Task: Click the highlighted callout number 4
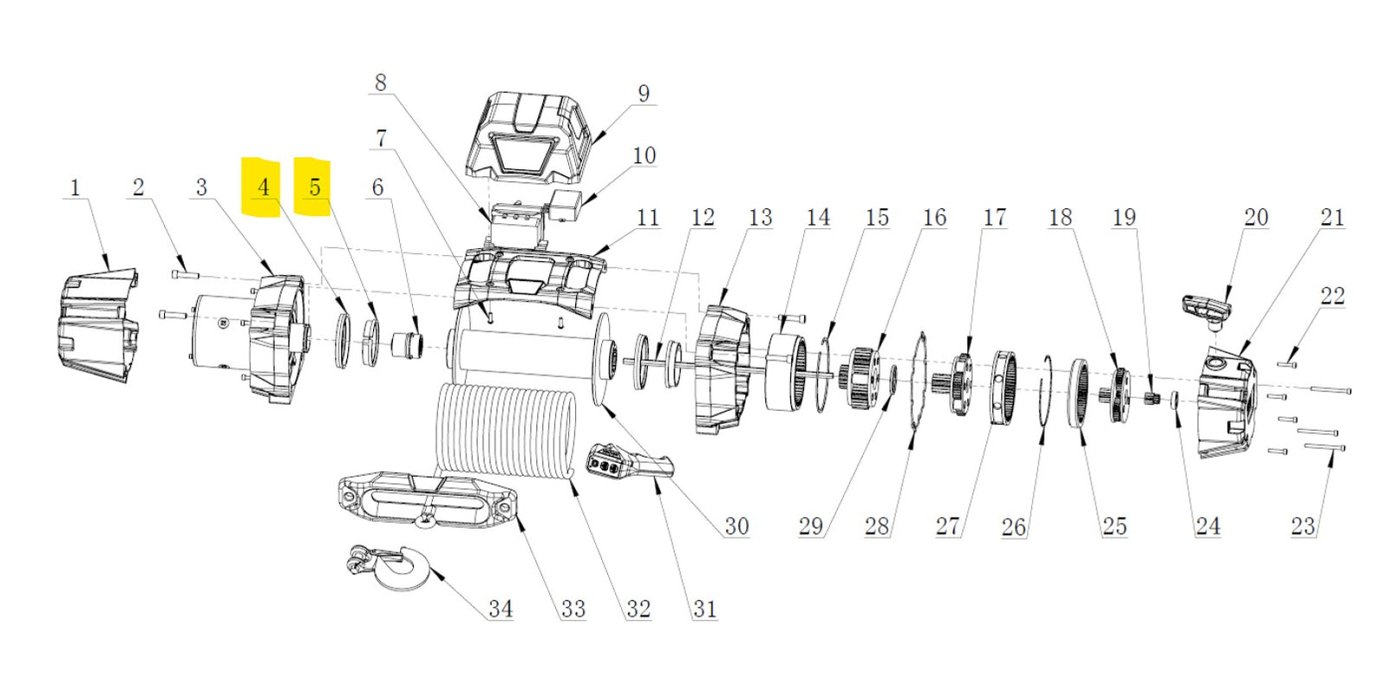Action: pyautogui.click(x=263, y=187)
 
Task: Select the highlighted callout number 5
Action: pyautogui.click(x=314, y=187)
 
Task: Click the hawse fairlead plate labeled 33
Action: pyautogui.click(x=425, y=500)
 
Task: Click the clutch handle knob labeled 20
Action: pyautogui.click(x=1207, y=308)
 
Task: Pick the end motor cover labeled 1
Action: pyautogui.click(x=95, y=326)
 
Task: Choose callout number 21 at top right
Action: pyautogui.click(x=1332, y=217)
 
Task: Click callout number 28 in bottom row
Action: pyautogui.click(x=876, y=525)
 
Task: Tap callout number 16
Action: pyautogui.click(x=934, y=217)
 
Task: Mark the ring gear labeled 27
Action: pyautogui.click(x=1005, y=388)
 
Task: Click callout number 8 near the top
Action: pyautogui.click(x=380, y=82)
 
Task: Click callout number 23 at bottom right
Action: pyautogui.click(x=1302, y=525)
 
